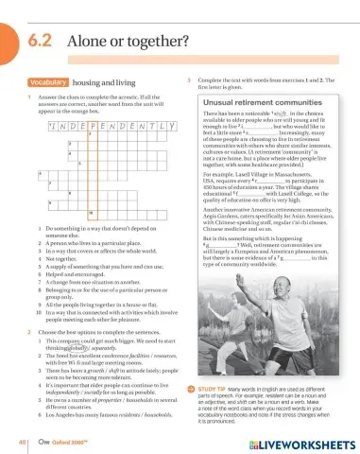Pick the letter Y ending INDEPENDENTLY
pos(172,125)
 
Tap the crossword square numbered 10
pos(93,214)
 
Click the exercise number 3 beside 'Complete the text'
pos(190,80)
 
